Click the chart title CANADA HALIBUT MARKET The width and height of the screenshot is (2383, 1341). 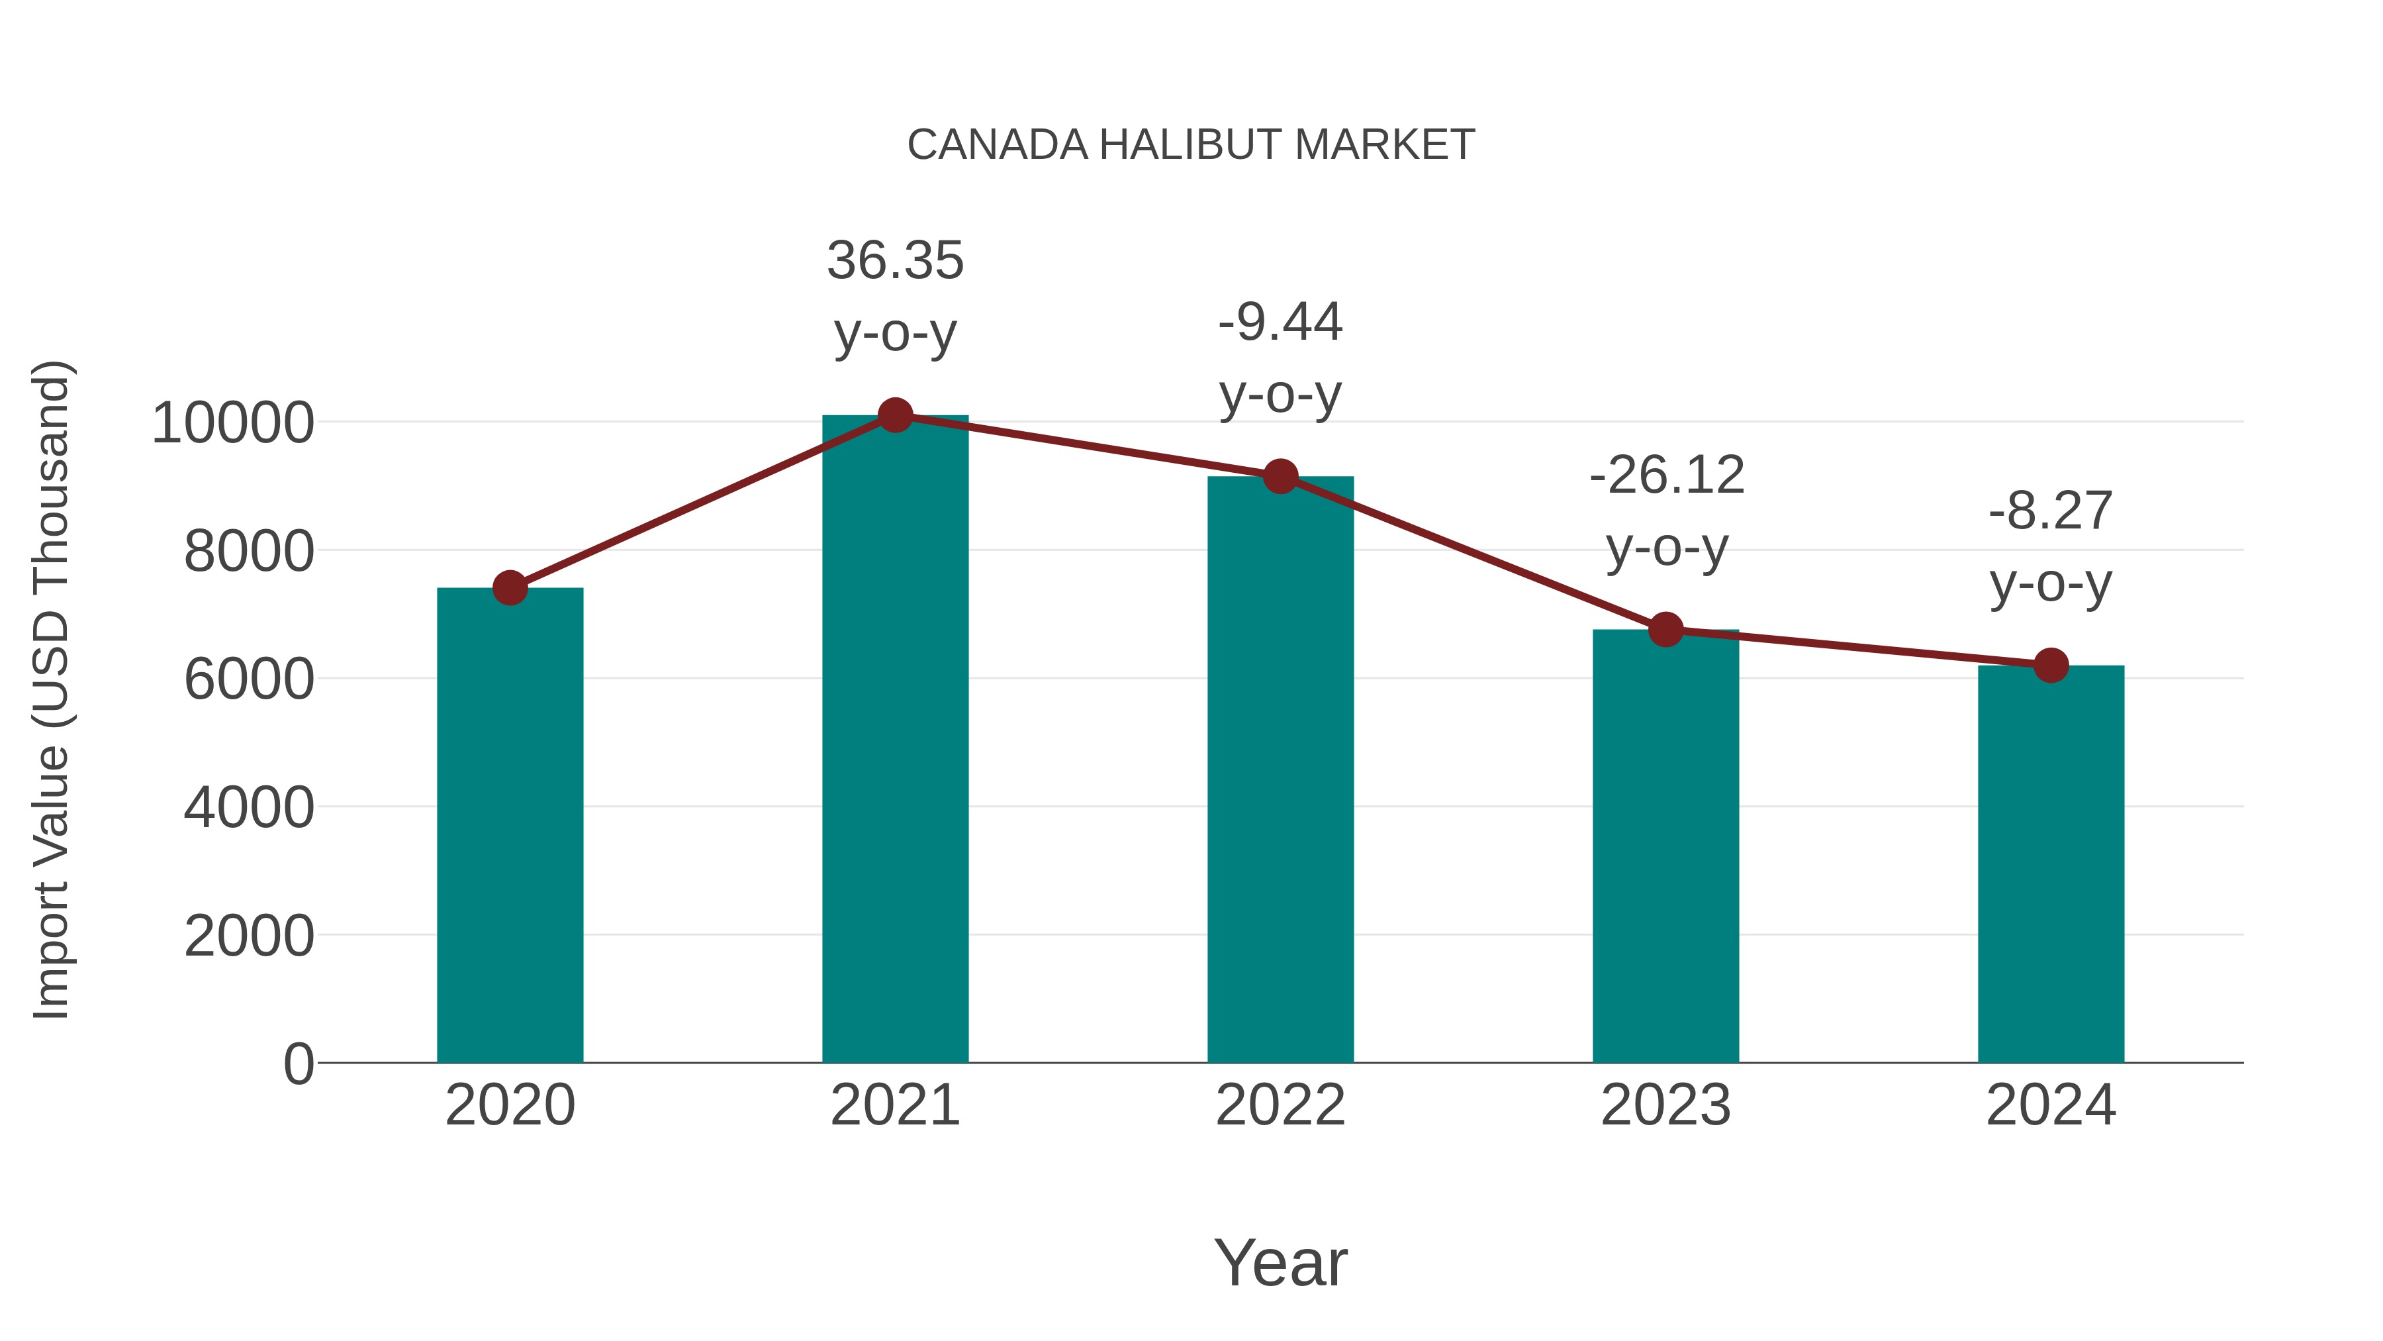pyautogui.click(x=1191, y=145)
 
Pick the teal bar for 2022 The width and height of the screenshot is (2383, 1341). pyautogui.click(x=1280, y=768)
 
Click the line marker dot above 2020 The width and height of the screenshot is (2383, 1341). pyautogui.click(x=510, y=587)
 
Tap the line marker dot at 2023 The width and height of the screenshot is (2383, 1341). pyautogui.click(x=1665, y=629)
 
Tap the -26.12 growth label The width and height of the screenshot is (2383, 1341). pyautogui.click(x=1666, y=475)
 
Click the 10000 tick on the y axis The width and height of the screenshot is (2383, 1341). pyautogui.click(x=232, y=423)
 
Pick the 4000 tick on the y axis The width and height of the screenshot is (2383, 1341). pyautogui.click(x=249, y=807)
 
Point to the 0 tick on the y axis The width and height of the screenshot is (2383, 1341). pyautogui.click(x=298, y=1064)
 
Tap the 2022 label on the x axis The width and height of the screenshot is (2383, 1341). pyautogui.click(x=1280, y=1105)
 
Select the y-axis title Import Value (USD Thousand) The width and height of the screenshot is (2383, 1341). pyautogui.click(x=51, y=689)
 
